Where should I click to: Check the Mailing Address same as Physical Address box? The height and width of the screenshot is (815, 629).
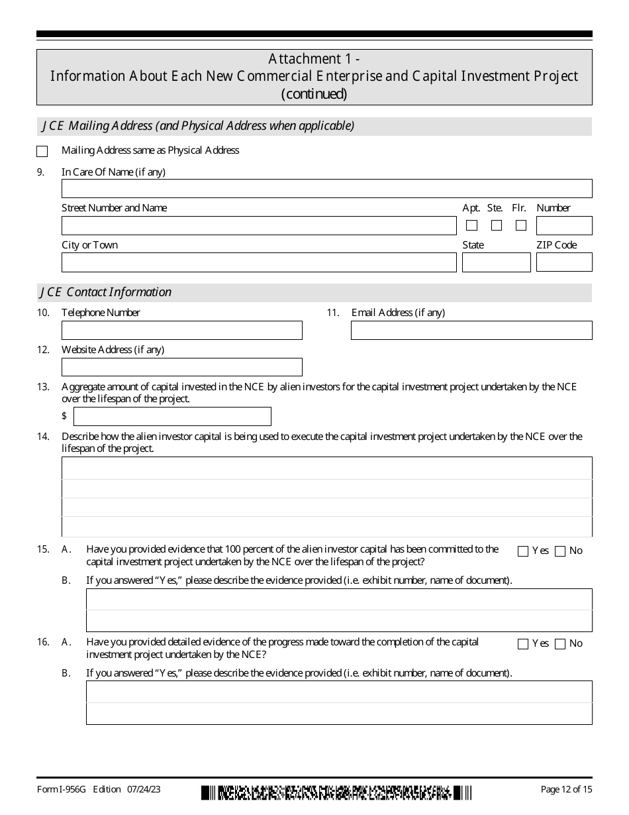(x=42, y=151)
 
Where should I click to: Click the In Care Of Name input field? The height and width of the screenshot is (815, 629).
(x=326, y=188)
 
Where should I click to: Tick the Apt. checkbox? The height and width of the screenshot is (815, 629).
(x=471, y=225)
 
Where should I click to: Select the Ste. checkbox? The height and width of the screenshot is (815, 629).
(x=497, y=225)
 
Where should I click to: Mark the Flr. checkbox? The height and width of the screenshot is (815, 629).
(x=521, y=225)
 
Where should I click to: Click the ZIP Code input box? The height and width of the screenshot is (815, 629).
(x=564, y=262)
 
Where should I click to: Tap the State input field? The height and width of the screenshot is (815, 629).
(x=496, y=262)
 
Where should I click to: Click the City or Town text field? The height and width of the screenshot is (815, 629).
(x=259, y=262)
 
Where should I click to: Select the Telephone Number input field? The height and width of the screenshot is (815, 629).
(x=181, y=330)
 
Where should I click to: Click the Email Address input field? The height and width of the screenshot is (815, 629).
(x=471, y=330)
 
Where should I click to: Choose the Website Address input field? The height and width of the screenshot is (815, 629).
(x=181, y=367)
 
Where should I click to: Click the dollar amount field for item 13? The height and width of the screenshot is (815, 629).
(x=172, y=416)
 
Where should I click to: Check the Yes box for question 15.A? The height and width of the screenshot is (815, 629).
(x=523, y=551)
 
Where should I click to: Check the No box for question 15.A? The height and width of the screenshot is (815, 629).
(x=560, y=551)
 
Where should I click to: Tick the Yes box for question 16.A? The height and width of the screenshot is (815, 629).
(x=523, y=643)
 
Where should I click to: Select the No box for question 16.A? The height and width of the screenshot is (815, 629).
(x=560, y=643)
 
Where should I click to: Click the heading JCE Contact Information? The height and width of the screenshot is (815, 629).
(x=106, y=292)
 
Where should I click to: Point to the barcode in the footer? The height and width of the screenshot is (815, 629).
(x=336, y=792)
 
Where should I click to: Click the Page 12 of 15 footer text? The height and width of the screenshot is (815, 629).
(x=566, y=789)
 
